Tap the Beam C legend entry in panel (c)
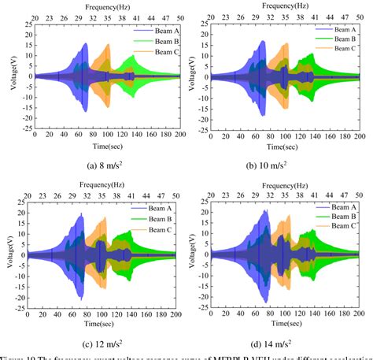[x=150, y=225]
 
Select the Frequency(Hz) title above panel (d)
[x=285, y=184]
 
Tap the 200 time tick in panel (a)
[x=179, y=137]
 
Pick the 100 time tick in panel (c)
[x=104, y=315]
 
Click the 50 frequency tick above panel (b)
[x=359, y=16]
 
